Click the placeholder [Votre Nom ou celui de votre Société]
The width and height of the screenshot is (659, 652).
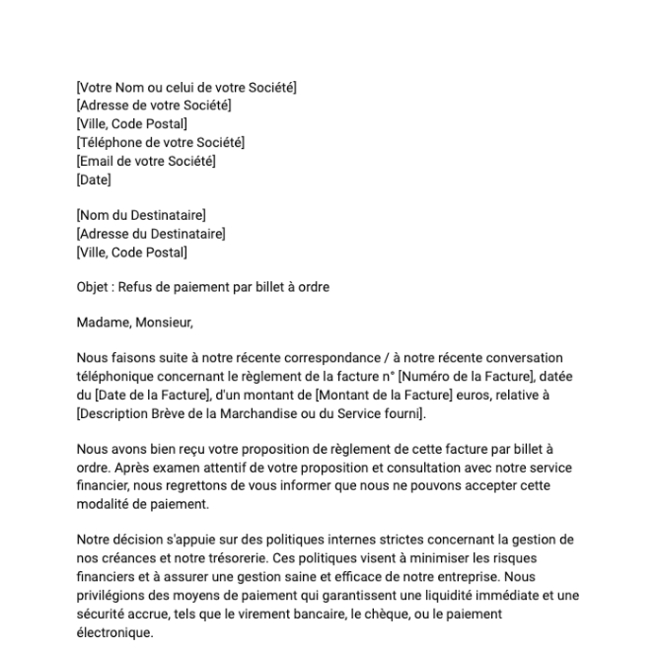click(186, 88)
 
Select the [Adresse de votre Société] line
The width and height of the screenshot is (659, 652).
click(154, 106)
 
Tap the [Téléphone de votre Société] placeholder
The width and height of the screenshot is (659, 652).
click(160, 143)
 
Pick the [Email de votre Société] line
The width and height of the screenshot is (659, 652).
click(146, 161)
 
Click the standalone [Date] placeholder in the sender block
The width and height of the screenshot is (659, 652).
click(94, 180)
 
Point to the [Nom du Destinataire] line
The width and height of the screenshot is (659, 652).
click(141, 215)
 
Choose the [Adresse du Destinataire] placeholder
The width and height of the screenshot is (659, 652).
click(151, 234)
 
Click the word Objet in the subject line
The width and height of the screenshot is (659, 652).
click(93, 287)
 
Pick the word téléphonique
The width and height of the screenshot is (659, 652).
click(114, 377)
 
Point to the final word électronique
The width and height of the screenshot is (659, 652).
click(114, 633)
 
